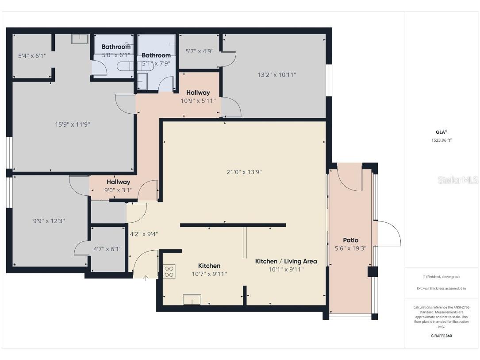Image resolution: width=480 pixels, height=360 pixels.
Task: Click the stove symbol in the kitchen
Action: tap(169, 271)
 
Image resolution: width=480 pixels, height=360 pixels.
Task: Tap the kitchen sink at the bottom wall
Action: tap(192, 300)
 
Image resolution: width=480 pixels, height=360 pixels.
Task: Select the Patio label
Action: tap(350, 240)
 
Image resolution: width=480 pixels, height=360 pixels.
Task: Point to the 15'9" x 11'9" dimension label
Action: tap(73, 124)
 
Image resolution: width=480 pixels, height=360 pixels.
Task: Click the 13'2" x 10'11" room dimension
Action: tap(277, 75)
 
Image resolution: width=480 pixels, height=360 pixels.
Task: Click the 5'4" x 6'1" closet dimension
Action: tap(32, 56)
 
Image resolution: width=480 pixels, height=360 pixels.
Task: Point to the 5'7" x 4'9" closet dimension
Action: tap(199, 51)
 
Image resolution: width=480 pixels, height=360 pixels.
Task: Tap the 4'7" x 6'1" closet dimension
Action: tap(107, 249)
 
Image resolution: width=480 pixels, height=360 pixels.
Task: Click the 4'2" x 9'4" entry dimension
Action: tap(144, 234)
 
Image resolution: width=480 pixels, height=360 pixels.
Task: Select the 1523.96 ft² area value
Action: tap(442, 140)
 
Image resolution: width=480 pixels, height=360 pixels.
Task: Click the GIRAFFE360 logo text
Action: tap(442, 336)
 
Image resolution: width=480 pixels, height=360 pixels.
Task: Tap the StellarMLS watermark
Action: tap(457, 180)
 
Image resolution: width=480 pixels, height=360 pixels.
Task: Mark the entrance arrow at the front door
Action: tap(146, 278)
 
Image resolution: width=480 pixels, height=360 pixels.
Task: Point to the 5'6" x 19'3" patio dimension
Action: tap(350, 248)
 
